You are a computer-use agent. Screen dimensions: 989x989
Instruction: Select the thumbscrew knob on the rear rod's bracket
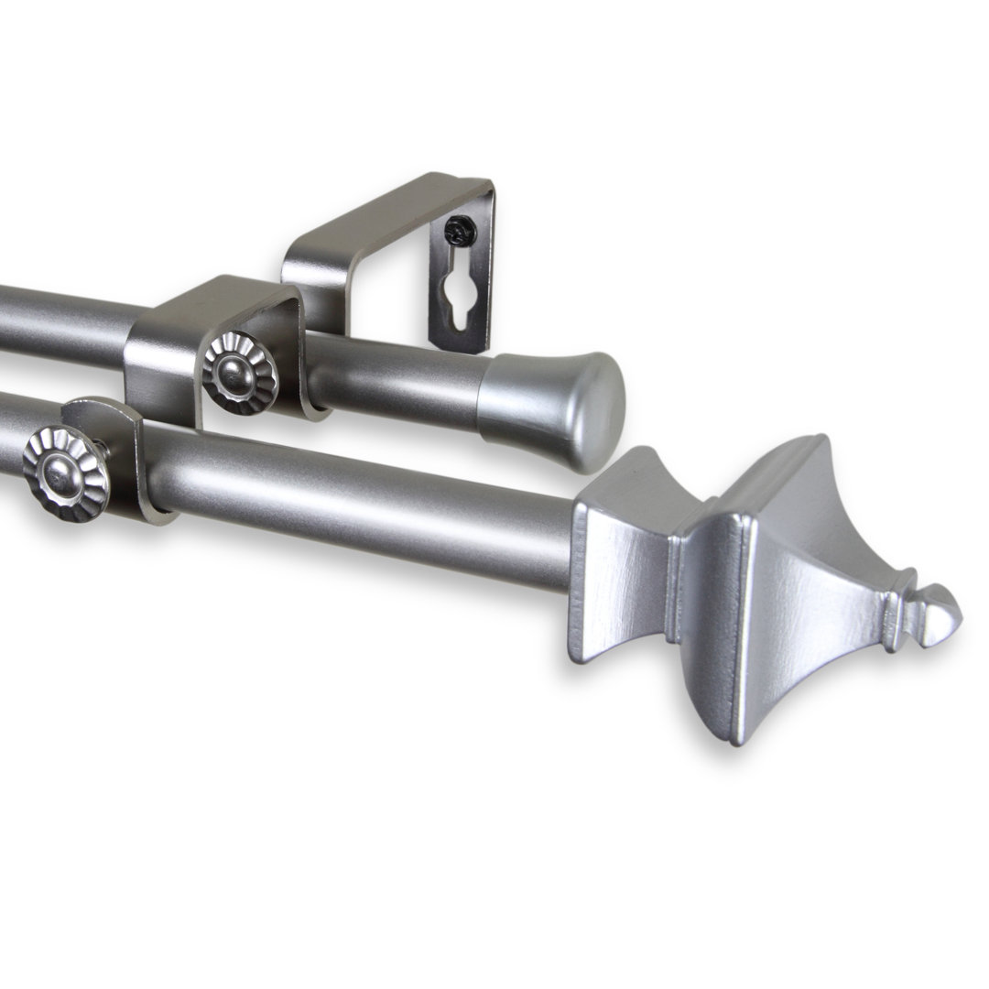[240, 373]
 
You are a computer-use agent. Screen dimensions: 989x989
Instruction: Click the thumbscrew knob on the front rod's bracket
[66, 473]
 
